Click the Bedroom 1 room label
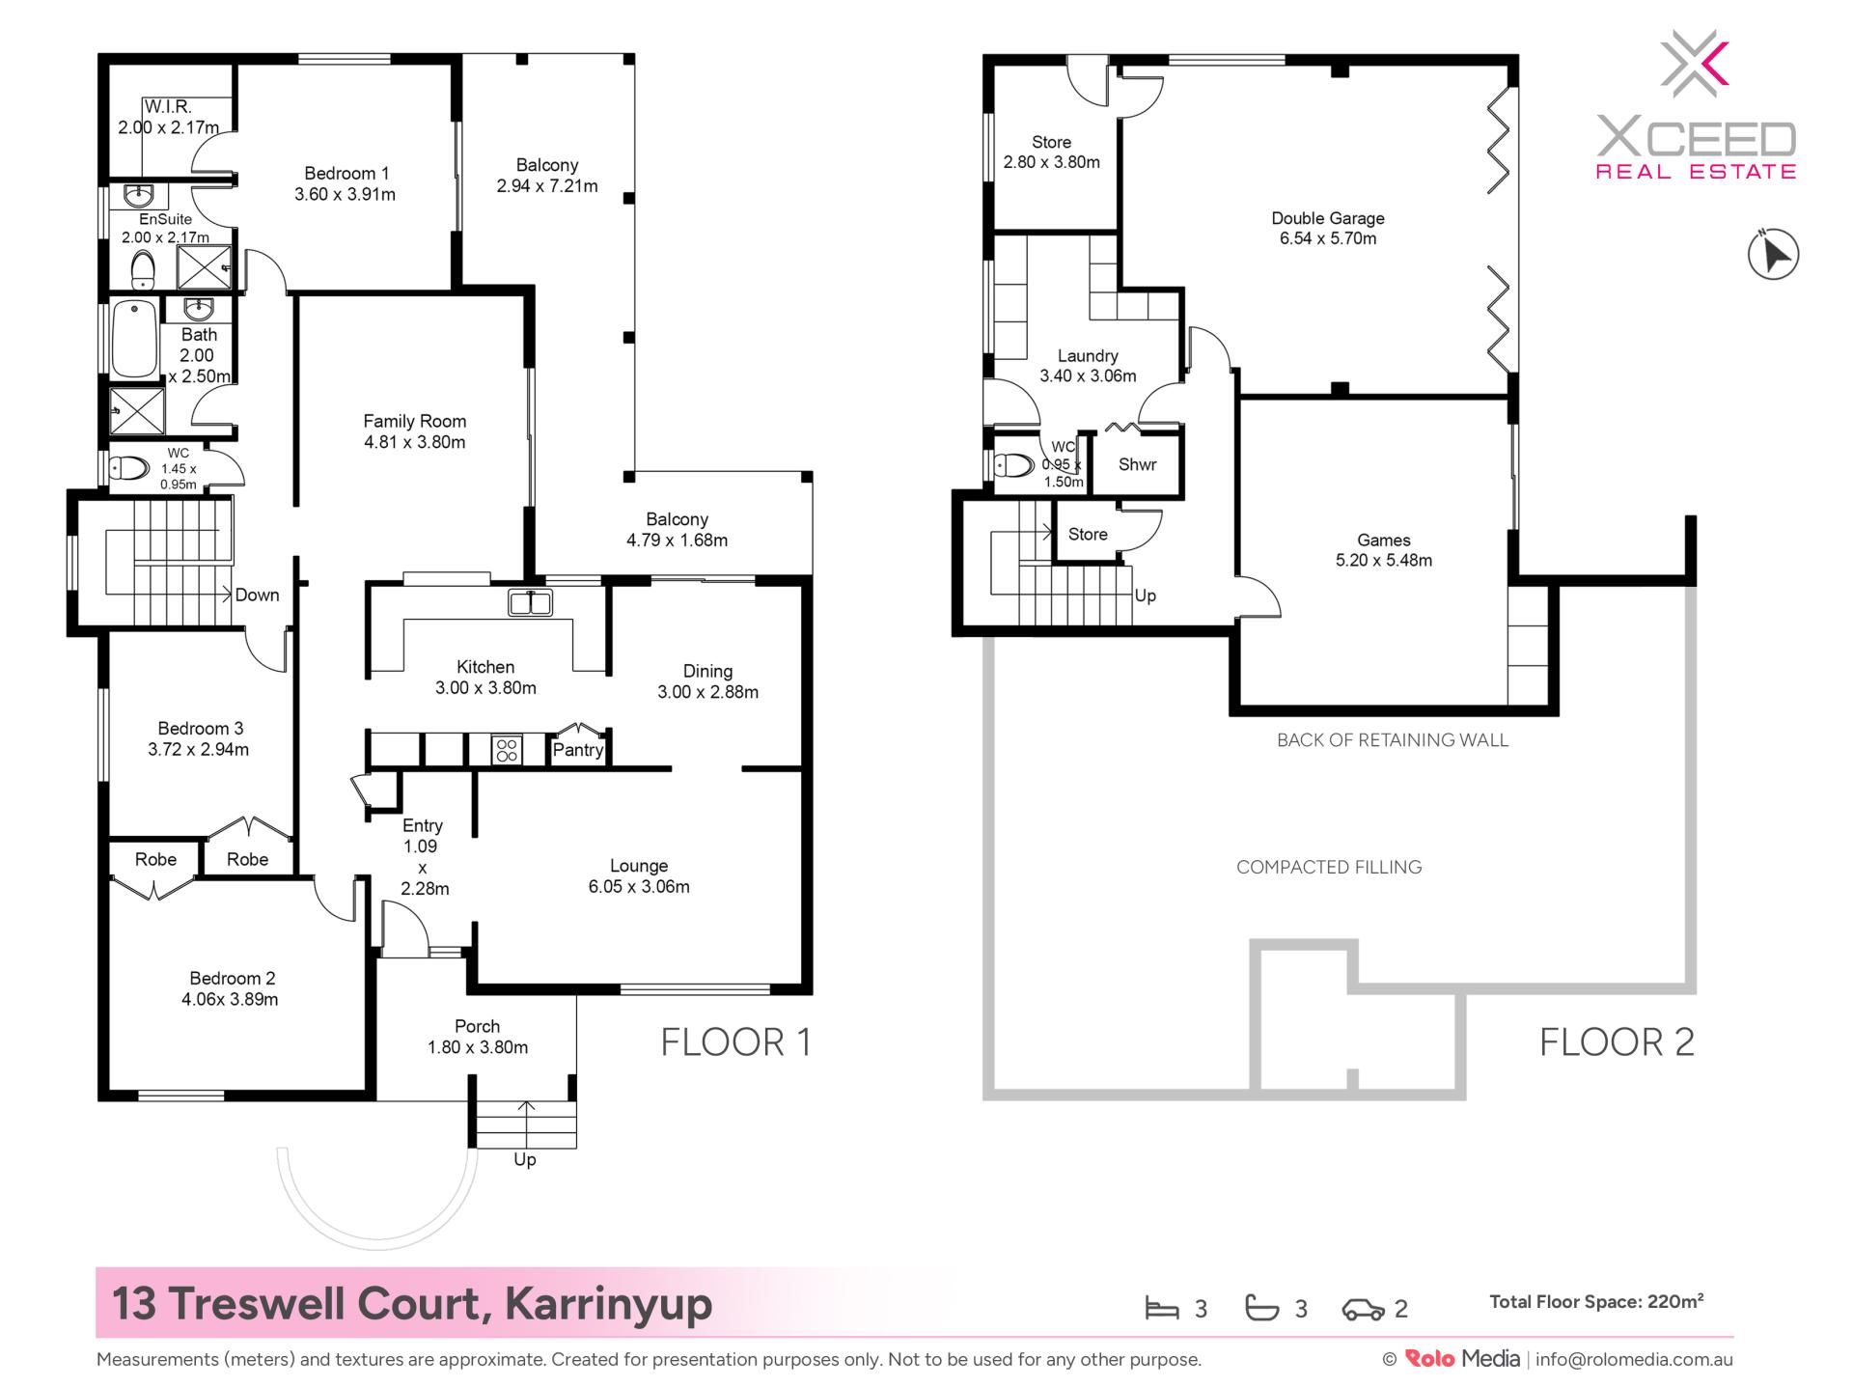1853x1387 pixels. pyautogui.click(x=346, y=183)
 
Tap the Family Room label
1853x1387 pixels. pyautogui.click(x=414, y=431)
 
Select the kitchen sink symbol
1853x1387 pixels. pyautogui.click(x=530, y=602)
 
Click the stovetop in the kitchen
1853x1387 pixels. pyautogui.click(x=507, y=750)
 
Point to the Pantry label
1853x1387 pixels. pyautogui.click(x=578, y=750)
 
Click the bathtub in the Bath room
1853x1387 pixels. pyautogui.click(x=135, y=340)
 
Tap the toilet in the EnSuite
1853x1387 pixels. pyautogui.click(x=143, y=269)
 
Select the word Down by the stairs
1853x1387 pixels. pyautogui.click(x=257, y=596)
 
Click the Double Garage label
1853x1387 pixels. pyautogui.click(x=1328, y=229)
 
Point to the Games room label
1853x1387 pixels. pyautogui.click(x=1384, y=550)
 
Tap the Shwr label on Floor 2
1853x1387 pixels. pyautogui.click(x=1137, y=465)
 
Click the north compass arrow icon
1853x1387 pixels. pyautogui.click(x=1774, y=255)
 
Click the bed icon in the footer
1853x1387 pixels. pyautogui.click(x=1162, y=1309)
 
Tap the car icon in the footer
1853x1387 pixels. pyautogui.click(x=1363, y=1310)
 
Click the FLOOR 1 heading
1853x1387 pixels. pyautogui.click(x=735, y=1042)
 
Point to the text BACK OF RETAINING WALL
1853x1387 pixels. pyautogui.click(x=1392, y=740)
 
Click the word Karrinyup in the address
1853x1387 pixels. pyautogui.click(x=608, y=1304)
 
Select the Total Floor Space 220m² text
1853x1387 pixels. pyautogui.click(x=1596, y=1302)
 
